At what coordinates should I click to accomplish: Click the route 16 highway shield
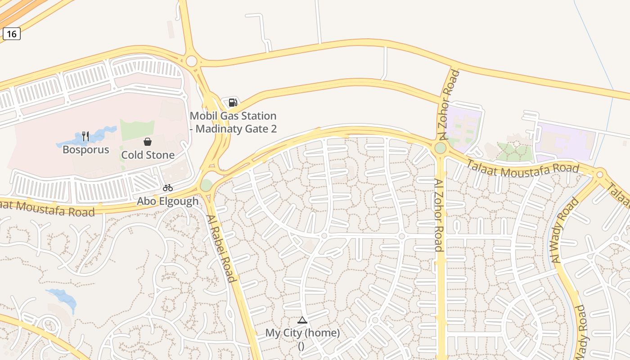(12, 34)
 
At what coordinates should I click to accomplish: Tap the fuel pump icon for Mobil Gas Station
(233, 103)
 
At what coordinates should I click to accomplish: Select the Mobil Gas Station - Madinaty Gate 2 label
(233, 122)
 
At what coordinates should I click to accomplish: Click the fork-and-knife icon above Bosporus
(85, 136)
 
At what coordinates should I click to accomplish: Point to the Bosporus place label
(86, 149)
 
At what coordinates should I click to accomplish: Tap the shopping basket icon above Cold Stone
(148, 142)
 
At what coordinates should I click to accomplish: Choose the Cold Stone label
(148, 155)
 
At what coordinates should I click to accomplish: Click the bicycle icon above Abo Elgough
(168, 188)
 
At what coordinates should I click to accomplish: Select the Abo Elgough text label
(167, 201)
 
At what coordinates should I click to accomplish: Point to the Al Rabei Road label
(221, 248)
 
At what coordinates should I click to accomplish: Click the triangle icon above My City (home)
(302, 320)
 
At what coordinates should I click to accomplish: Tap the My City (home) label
(302, 333)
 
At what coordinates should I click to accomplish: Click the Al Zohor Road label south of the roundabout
(439, 215)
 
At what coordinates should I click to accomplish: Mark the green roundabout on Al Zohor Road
(441, 148)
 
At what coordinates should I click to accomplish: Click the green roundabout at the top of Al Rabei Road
(206, 185)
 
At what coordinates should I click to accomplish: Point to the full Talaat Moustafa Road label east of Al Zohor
(522, 168)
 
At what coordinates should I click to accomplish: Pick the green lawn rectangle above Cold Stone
(137, 130)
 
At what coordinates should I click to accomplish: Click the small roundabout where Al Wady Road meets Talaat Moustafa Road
(599, 174)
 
